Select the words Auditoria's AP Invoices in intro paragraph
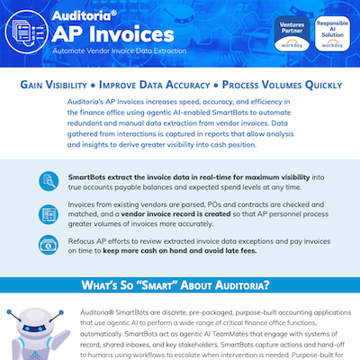(x=109, y=105)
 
